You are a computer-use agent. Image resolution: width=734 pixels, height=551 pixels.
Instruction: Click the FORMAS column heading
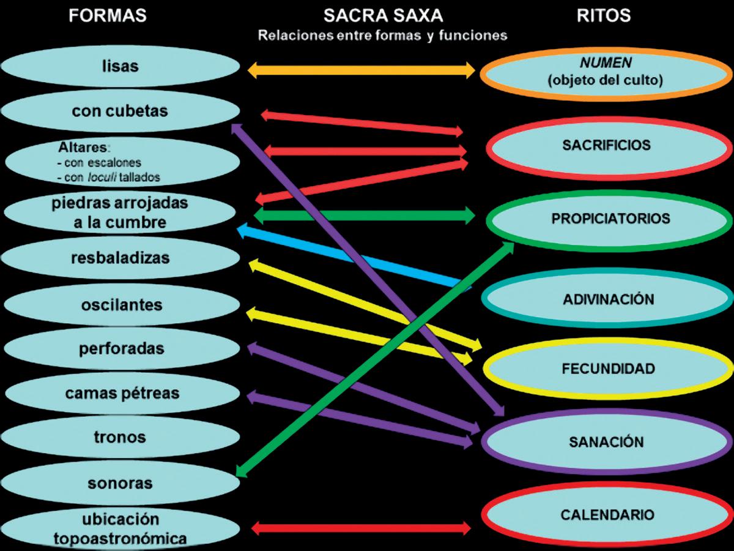108,16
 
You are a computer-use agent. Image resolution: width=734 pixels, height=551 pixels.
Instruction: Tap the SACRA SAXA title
383,16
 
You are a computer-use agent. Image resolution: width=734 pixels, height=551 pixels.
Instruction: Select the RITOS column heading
604,16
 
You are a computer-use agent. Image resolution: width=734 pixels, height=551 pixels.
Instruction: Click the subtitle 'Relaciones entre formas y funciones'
382,36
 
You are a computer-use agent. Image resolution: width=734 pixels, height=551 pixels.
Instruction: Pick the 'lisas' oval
120,66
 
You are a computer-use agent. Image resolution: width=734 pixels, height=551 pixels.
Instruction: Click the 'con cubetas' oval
120,111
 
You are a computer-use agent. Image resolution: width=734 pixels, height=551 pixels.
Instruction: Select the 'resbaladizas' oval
120,258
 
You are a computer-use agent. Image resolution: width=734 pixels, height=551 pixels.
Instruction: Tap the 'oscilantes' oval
120,304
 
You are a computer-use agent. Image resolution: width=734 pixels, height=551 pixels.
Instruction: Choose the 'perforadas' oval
120,349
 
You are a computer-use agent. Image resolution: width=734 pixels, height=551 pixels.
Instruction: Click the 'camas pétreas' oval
120,393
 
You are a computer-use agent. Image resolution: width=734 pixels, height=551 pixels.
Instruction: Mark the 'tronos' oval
120,437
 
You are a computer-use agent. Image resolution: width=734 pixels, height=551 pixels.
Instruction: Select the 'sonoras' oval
120,483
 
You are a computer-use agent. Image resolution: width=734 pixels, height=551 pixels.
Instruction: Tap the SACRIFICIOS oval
606,146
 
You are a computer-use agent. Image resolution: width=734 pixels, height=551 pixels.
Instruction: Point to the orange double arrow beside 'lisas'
361,70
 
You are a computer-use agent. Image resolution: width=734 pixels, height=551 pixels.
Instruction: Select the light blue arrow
355,258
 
